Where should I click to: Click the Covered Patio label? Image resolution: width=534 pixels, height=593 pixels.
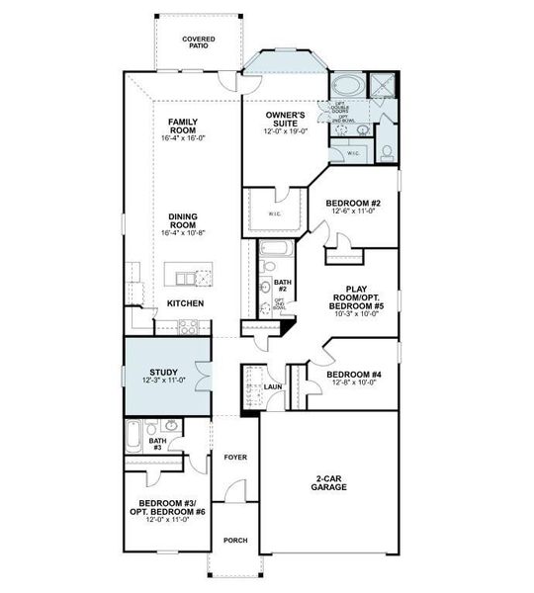pyautogui.click(x=199, y=42)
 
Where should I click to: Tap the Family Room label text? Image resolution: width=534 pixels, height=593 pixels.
pyautogui.click(x=185, y=125)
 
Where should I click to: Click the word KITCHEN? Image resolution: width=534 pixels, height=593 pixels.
pyautogui.click(x=185, y=303)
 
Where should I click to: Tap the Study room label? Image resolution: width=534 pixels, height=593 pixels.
pyautogui.click(x=157, y=373)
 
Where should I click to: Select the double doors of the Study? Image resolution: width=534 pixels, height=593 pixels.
pyautogui.click(x=205, y=377)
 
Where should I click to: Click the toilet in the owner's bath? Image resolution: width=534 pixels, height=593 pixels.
pyautogui.click(x=388, y=151)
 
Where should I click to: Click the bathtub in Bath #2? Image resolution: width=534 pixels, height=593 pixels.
pyautogui.click(x=273, y=248)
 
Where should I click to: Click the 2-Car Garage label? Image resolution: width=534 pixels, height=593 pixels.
pyautogui.click(x=327, y=482)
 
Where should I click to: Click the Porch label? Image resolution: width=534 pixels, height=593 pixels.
pyautogui.click(x=234, y=541)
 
